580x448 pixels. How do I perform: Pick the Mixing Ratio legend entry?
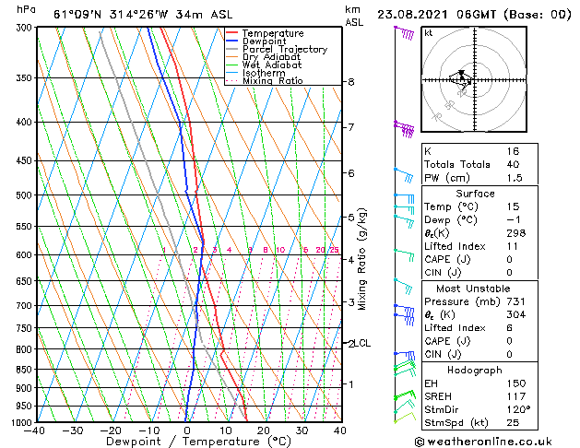coord(273,81)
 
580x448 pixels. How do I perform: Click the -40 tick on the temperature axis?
coord(35,430)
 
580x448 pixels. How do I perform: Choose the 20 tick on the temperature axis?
coord(263,430)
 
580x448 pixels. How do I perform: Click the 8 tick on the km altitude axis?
coord(351,82)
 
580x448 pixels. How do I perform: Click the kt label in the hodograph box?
coord(429,33)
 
